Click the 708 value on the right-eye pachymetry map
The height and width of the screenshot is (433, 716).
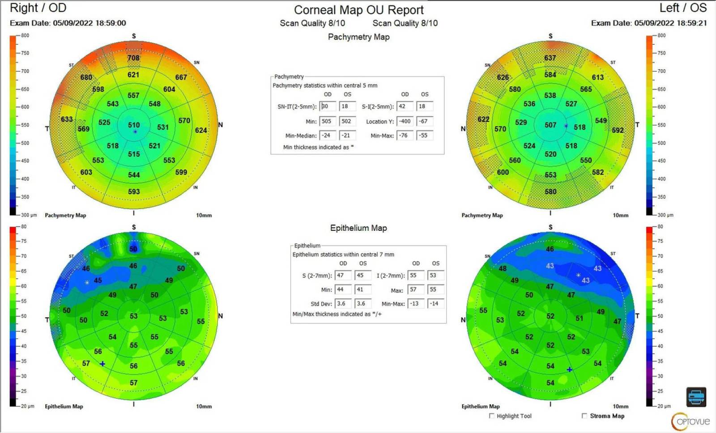click(133, 58)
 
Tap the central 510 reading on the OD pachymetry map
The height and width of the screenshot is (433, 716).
click(134, 125)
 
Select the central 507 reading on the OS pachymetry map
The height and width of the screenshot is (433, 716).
click(550, 125)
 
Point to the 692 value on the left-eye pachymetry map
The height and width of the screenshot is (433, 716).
click(618, 130)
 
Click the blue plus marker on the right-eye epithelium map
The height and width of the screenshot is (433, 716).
click(102, 364)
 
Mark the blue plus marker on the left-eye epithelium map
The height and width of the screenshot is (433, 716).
click(569, 369)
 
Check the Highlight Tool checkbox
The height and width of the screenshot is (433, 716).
click(492, 416)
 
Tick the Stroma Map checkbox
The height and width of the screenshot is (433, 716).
click(584, 416)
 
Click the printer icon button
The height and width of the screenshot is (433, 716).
click(696, 397)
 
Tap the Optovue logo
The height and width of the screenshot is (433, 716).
click(690, 421)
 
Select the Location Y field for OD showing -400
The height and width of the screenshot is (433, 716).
click(405, 121)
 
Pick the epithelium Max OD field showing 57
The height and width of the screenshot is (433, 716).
click(415, 290)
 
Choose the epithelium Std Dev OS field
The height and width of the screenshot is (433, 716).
click(362, 304)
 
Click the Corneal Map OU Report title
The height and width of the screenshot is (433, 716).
click(358, 10)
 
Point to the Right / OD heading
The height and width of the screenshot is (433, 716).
click(38, 8)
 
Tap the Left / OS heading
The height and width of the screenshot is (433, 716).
click(683, 8)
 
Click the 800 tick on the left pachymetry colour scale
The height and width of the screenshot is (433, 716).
click(25, 35)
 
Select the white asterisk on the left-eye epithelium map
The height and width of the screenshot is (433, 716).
click(578, 275)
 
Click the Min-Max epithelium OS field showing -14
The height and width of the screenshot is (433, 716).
click(435, 304)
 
